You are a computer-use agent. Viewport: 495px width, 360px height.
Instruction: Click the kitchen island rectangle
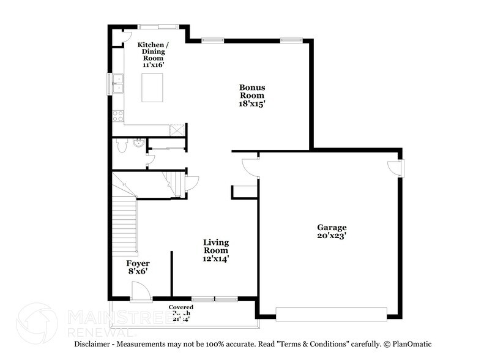pyautogui.click(x=152, y=88)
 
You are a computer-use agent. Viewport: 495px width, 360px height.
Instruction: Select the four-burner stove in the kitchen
pyautogui.click(x=117, y=114)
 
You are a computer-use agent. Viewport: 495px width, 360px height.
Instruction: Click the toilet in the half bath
pyautogui.click(x=122, y=145)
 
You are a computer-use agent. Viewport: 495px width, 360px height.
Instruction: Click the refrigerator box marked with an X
pyautogui.click(x=177, y=129)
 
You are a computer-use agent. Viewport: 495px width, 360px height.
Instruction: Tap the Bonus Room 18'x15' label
pyautogui.click(x=251, y=95)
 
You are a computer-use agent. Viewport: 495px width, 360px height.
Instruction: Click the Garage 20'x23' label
pyautogui.click(x=332, y=230)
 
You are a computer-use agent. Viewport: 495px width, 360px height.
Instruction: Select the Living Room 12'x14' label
pyautogui.click(x=216, y=250)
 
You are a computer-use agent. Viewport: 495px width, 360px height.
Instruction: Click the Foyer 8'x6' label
pyautogui.click(x=138, y=267)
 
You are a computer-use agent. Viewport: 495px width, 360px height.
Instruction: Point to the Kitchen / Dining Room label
pyautogui.click(x=152, y=53)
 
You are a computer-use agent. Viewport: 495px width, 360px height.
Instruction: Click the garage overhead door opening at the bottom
pyautogui.click(x=332, y=313)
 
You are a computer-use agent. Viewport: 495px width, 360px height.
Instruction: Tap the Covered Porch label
pyautogui.click(x=181, y=312)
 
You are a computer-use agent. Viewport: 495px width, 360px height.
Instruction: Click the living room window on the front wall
pyautogui.click(x=214, y=299)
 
